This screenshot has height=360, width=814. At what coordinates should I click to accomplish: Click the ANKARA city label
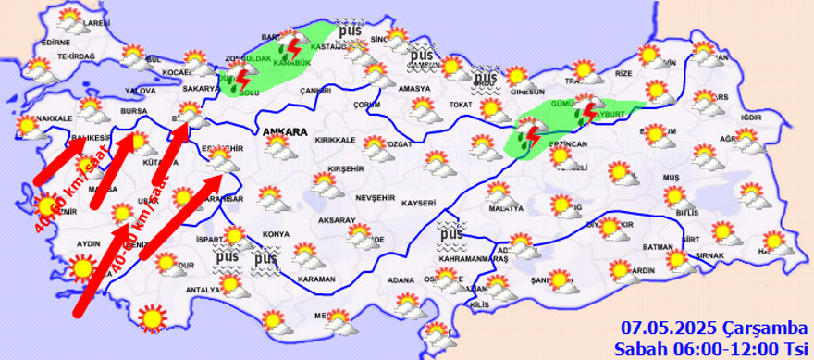(x=285, y=132)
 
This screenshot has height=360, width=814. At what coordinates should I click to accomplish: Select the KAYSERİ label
(x=419, y=202)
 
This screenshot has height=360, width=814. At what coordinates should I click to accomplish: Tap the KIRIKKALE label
(x=336, y=140)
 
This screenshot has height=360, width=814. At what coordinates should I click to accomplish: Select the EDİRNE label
(x=55, y=43)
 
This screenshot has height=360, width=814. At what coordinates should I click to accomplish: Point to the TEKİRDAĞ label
(x=77, y=56)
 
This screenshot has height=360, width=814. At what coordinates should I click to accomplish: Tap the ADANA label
(x=400, y=279)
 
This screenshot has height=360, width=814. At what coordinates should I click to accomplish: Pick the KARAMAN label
(x=316, y=278)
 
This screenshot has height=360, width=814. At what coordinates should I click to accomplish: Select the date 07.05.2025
(x=662, y=327)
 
